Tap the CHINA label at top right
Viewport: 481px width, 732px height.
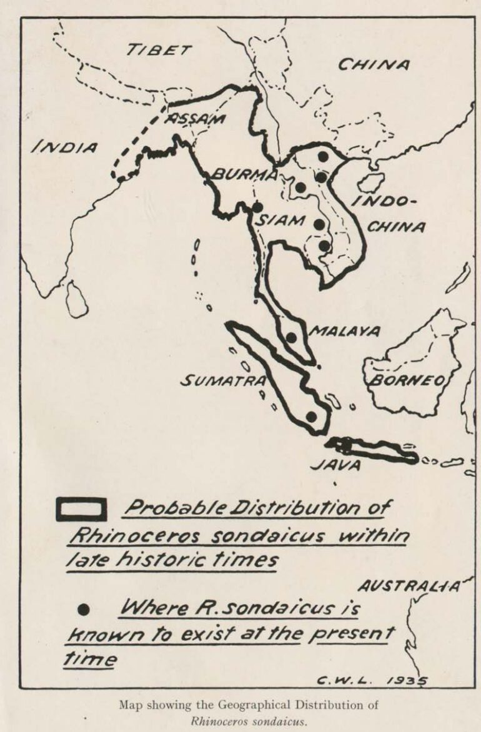pos(374,65)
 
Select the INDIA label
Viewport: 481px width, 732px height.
pos(64,147)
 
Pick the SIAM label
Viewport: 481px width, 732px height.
pos(280,220)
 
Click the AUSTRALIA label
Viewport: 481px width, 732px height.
pos(409,586)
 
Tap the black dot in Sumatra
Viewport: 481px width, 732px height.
pos(311,416)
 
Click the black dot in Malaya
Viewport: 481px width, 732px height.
pos(291,337)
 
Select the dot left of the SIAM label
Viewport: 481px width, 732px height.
pos(257,207)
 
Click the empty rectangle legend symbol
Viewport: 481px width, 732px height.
pos(81,510)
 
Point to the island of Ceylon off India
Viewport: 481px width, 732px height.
pos(76,299)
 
